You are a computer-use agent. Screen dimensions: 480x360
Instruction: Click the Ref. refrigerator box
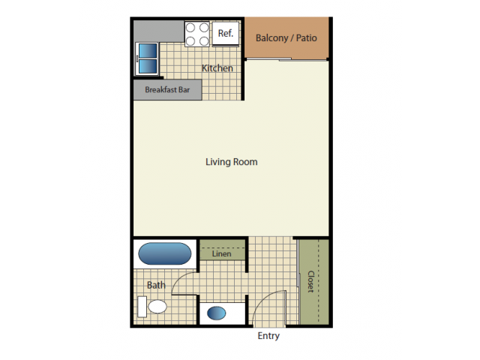[226, 33]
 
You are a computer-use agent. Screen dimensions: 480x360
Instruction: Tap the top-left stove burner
[190, 28]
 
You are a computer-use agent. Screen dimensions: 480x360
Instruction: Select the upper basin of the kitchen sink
[148, 50]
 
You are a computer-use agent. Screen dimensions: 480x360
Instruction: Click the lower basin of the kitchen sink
[148, 67]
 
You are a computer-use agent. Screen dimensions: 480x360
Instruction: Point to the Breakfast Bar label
[167, 90]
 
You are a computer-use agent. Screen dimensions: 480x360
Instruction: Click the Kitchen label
[217, 68]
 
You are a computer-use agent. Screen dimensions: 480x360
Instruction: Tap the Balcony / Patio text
[286, 38]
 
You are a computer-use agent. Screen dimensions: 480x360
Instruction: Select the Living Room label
[232, 162]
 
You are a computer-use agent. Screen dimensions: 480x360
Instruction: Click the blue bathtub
[165, 253]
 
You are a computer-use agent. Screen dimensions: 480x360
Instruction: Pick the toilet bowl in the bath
[157, 307]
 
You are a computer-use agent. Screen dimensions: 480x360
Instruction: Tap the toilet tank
[142, 307]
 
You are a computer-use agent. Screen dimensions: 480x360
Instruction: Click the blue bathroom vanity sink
[217, 313]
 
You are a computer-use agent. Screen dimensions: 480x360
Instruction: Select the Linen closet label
[222, 253]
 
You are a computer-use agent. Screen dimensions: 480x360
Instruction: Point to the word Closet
[311, 282]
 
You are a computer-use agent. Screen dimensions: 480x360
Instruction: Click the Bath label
[156, 285]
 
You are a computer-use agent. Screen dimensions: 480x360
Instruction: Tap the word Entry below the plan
[268, 336]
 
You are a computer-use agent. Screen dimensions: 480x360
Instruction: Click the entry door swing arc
[263, 299]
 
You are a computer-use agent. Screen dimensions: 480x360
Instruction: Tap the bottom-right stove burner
[204, 40]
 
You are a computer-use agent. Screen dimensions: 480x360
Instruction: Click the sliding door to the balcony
[287, 59]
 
